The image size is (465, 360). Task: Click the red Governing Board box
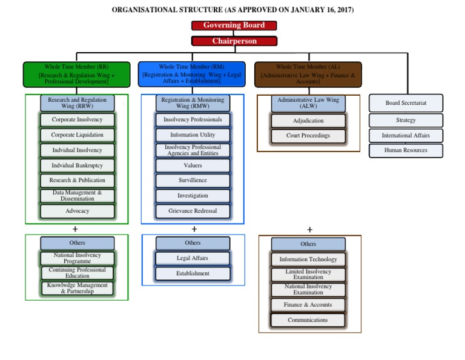[x=234, y=25]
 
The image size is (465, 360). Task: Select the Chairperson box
[x=234, y=41]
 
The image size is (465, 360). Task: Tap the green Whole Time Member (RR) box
[x=76, y=75]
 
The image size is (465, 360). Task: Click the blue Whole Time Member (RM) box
[x=191, y=75]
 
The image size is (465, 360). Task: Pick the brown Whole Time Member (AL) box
[x=308, y=75]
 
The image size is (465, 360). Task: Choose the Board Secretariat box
[x=406, y=103]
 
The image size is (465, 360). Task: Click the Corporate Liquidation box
[x=77, y=135]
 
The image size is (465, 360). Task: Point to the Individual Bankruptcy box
[x=77, y=165]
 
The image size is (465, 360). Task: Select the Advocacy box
[x=77, y=211]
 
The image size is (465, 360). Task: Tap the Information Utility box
[x=193, y=135]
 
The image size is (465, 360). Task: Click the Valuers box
[x=193, y=165]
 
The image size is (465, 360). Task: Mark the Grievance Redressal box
[x=193, y=211]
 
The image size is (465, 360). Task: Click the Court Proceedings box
[x=308, y=136]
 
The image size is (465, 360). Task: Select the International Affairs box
[x=406, y=136]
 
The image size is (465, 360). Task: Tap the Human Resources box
[x=406, y=150]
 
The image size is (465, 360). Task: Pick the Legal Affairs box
[x=193, y=258]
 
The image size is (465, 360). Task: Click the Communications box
[x=308, y=320]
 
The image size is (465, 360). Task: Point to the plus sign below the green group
[x=75, y=229]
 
